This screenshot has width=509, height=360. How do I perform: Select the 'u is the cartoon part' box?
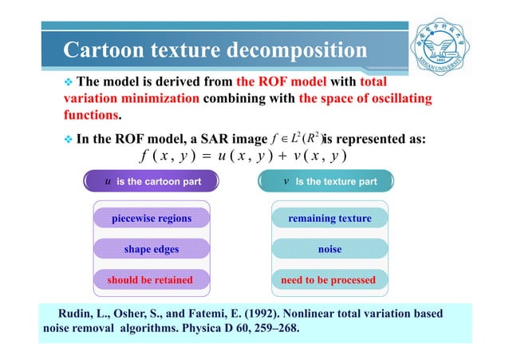pos(152,181)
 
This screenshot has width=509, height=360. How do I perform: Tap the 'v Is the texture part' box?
pos(329,181)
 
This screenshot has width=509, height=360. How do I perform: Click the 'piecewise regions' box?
pos(152,218)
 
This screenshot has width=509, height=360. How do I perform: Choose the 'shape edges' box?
pos(152,249)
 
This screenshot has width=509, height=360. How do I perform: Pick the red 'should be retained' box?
pos(152,280)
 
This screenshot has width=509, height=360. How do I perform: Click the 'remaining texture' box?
pos(329,218)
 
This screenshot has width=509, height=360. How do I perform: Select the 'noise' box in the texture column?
pos(329,249)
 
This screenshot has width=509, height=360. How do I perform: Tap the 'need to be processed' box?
pos(329,280)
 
